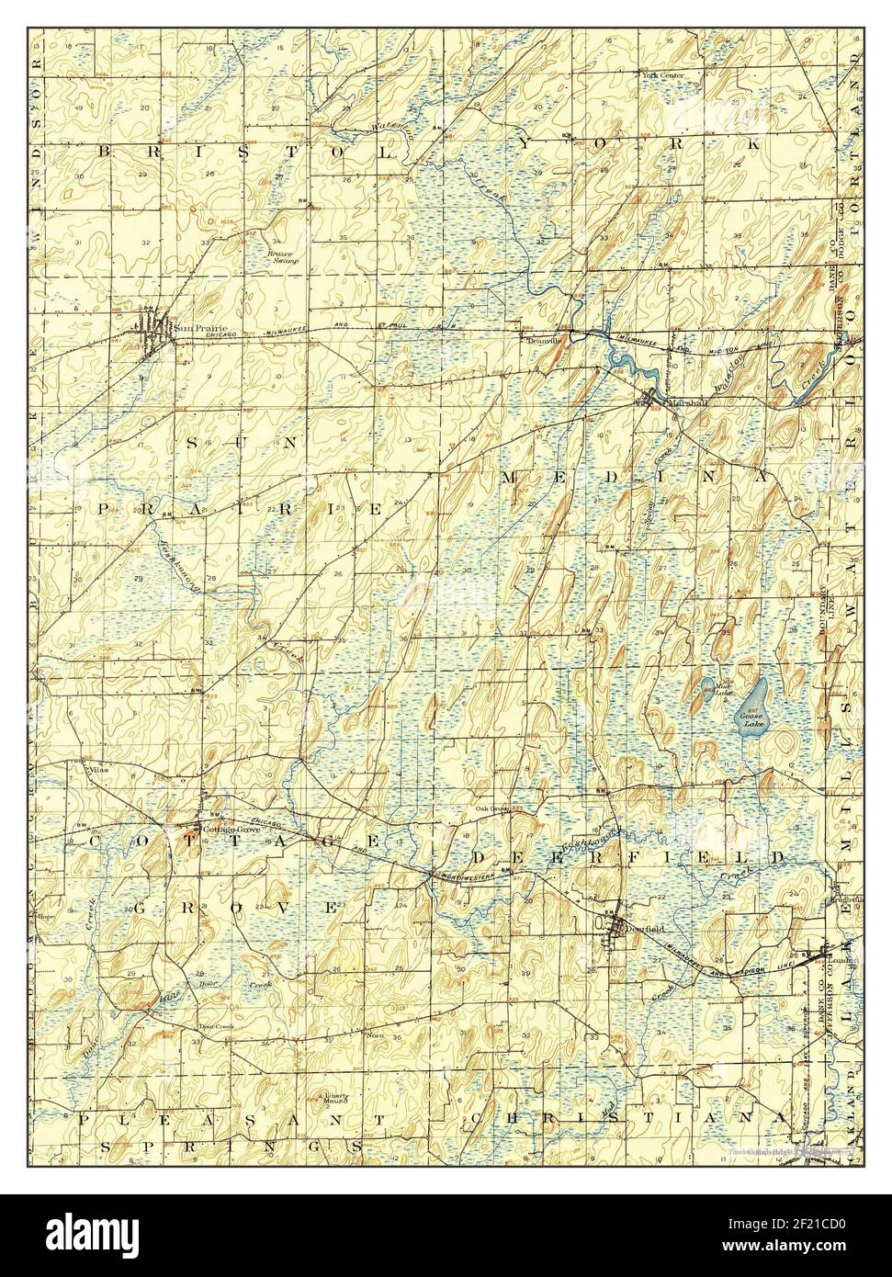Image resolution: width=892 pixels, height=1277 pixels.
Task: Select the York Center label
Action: click(x=668, y=74)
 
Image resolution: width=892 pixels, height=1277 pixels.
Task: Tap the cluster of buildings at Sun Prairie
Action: click(x=152, y=327)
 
